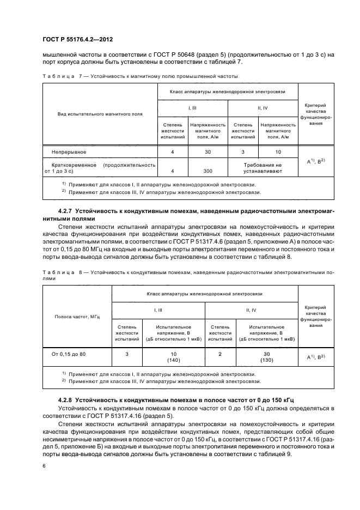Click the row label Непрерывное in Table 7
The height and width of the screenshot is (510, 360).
(68, 152)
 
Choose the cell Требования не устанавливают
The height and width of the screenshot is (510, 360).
(263, 167)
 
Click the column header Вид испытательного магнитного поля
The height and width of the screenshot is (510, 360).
(100, 115)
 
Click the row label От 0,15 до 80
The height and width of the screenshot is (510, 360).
(68, 354)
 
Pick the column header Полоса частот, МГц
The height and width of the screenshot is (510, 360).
(76, 317)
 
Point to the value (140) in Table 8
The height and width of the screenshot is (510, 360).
(158, 360)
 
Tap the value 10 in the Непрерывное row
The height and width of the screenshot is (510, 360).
(278, 152)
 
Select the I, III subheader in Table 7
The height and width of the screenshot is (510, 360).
(193, 108)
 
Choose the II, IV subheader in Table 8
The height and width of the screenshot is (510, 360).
(251, 309)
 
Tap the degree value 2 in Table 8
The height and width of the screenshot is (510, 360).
(219, 354)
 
